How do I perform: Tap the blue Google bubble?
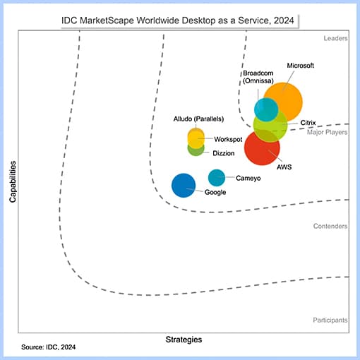tap(184, 185)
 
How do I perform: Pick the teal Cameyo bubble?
tap(217, 178)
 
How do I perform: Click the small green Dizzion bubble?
tap(196, 148)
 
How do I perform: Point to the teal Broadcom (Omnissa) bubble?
tap(265, 109)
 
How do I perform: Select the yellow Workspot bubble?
tap(196, 137)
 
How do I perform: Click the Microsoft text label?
tap(300, 66)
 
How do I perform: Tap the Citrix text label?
tap(308, 123)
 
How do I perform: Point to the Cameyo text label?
tap(248, 179)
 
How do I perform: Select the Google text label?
tap(216, 192)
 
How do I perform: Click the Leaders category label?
tap(335, 38)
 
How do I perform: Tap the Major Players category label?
tap(327, 132)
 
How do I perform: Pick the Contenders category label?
tap(330, 226)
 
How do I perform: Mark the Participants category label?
tap(330, 320)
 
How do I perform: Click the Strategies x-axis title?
tap(184, 340)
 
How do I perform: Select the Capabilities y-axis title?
tap(13, 181)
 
